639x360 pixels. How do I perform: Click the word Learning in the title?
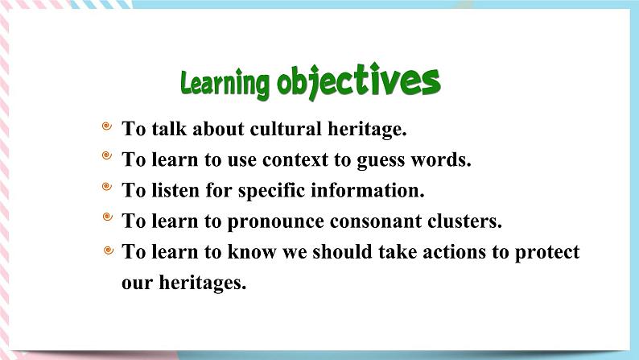[225, 83]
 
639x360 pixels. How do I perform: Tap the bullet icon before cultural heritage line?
[107, 127]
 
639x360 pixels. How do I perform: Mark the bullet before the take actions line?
[109, 251]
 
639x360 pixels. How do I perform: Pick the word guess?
[385, 159]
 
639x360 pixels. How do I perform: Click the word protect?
[546, 253]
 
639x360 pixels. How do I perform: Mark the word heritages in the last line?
[202, 283]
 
